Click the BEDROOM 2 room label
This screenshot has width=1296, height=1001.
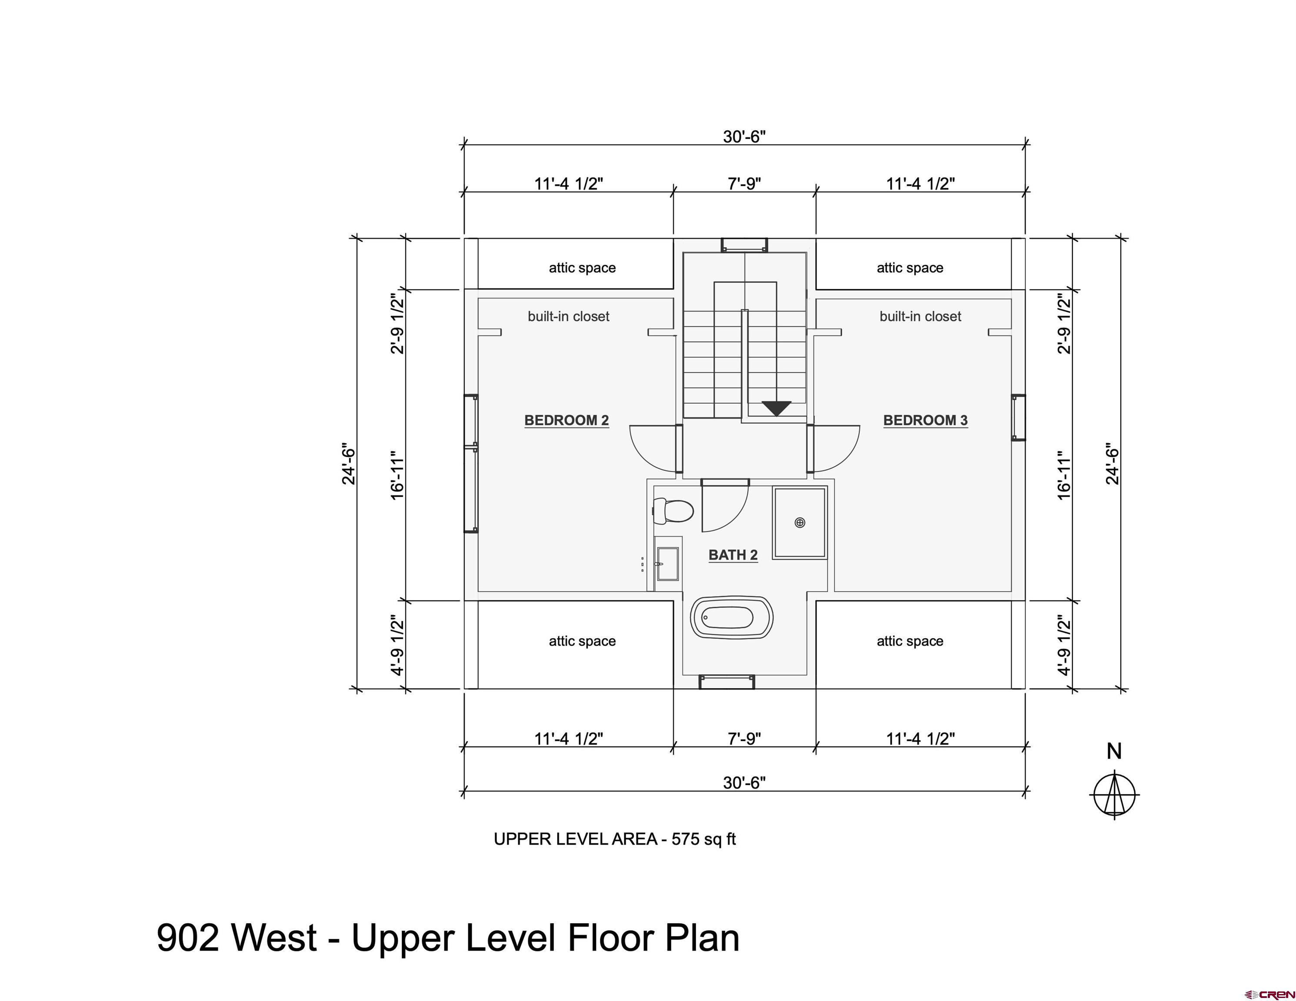pos(567,421)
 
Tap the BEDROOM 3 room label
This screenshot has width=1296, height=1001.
pos(926,421)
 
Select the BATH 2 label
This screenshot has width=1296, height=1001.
pos(733,555)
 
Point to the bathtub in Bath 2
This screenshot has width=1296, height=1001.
pos(732,617)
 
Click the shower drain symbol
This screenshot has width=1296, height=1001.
pos(800,523)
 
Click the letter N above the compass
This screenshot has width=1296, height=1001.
pos(1114,751)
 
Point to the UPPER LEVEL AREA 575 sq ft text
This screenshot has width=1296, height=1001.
pos(615,839)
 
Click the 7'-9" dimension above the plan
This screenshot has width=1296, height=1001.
pos(744,184)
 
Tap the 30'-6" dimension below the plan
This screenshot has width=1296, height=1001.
pos(744,783)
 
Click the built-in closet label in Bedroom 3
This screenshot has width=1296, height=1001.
pos(920,317)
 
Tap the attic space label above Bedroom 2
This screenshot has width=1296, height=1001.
pos(582,268)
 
